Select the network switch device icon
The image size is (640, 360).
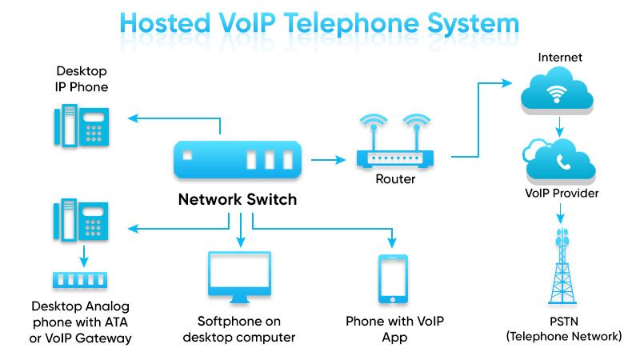click(238, 160)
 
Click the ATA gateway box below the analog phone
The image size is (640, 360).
click(80, 281)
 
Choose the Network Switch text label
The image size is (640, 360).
click(237, 200)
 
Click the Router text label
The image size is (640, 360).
click(395, 179)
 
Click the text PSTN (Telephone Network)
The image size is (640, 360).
click(563, 329)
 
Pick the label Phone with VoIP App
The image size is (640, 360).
click(394, 329)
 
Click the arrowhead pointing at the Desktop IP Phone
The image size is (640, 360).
click(133, 118)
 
